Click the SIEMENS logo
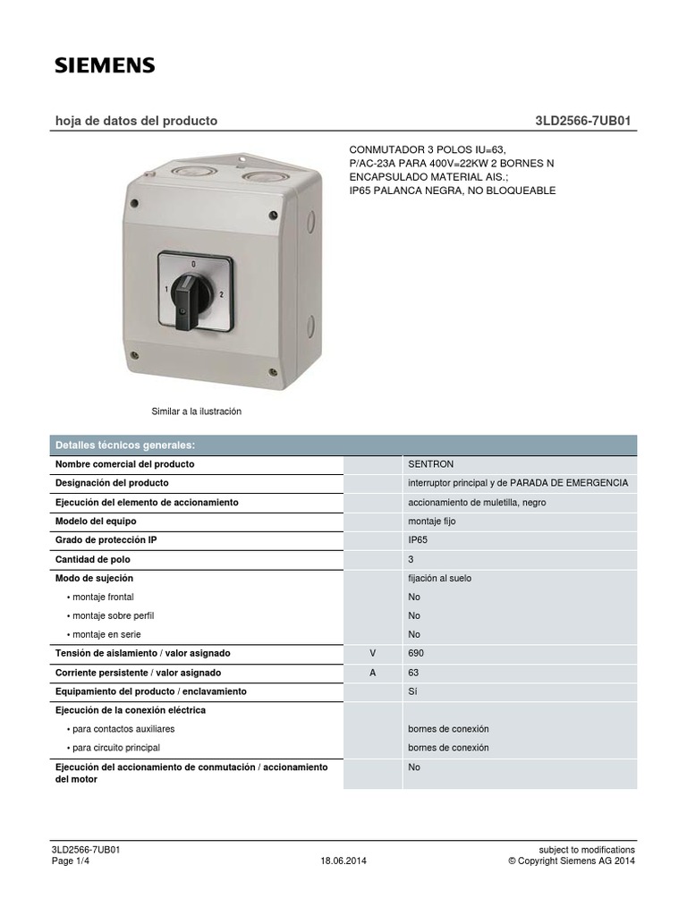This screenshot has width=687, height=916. (105, 64)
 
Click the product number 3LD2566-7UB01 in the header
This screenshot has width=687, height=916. (585, 121)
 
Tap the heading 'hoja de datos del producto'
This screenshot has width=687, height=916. (136, 121)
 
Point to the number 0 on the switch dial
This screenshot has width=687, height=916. (193, 266)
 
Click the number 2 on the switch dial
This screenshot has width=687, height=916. (221, 293)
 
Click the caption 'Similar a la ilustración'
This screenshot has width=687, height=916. (197, 411)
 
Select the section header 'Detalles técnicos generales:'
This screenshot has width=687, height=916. (125, 445)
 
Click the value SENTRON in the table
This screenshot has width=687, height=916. (431, 464)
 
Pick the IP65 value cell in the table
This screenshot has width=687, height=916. (418, 540)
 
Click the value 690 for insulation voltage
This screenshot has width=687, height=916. (416, 654)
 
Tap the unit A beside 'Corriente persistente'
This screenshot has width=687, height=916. (373, 673)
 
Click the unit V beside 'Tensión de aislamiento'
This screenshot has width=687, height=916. (373, 654)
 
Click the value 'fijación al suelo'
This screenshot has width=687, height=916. (439, 578)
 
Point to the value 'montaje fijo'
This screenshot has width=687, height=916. (432, 521)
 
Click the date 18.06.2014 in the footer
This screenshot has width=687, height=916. (343, 861)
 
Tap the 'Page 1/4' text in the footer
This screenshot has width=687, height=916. (72, 861)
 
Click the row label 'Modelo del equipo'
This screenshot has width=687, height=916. (96, 521)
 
